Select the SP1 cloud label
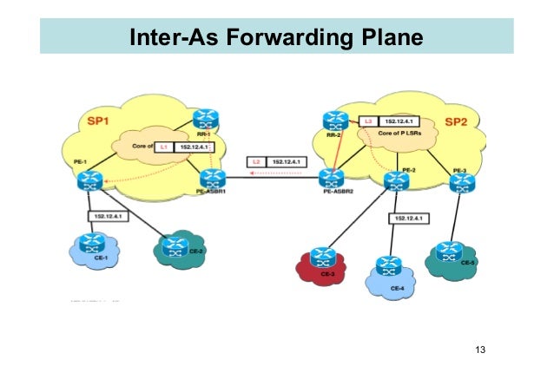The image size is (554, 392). pos(97,118)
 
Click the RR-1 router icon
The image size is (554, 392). pos(206,118)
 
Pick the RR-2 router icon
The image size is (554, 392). pos(333,121)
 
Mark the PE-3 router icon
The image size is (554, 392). pos(460,180)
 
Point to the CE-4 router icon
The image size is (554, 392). pos(387,265)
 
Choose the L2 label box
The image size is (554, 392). pos(256,161)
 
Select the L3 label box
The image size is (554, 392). pos(368,122)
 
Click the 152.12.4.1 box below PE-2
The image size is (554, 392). pos(411,220)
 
